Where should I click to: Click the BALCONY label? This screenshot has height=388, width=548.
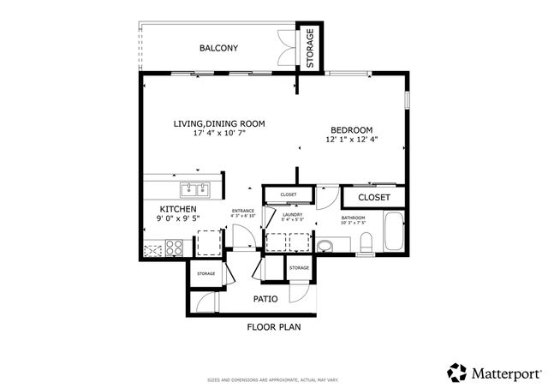coord(218,48)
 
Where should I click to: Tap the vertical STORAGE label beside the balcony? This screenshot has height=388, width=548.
coord(310,48)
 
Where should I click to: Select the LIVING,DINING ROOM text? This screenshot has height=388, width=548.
coord(219,124)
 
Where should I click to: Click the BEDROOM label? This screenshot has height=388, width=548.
coord(351,129)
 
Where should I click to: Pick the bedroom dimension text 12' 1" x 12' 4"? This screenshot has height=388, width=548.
coord(351,139)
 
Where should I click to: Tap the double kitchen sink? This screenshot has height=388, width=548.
coord(195,189)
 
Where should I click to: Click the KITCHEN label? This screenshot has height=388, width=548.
coord(178,209)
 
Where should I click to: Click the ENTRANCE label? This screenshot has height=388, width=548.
coord(243,211)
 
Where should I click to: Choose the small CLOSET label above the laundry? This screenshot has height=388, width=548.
coord(289,194)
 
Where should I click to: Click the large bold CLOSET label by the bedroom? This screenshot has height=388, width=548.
coord(373,197)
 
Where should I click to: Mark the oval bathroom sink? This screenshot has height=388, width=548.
coord(325,248)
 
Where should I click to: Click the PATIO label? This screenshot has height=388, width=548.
coord(265,299)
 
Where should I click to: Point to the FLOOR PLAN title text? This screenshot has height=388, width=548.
coord(274,327)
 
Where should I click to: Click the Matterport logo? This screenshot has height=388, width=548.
coord(494,373)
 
